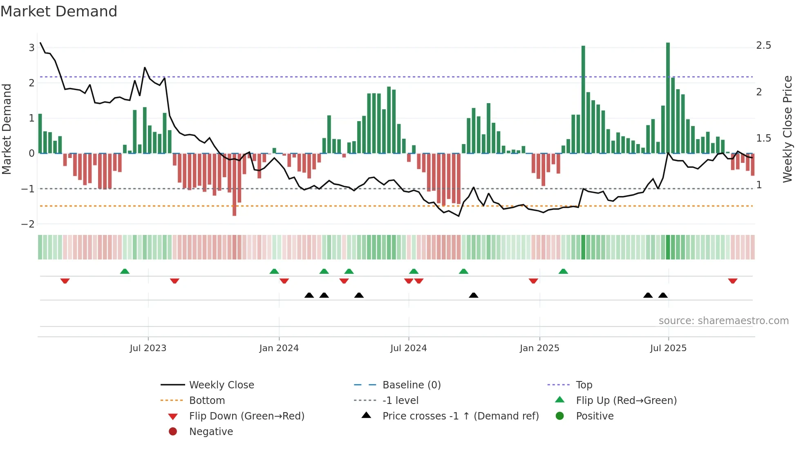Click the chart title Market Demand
click(x=59, y=11)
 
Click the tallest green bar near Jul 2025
click(x=668, y=98)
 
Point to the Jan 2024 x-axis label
click(x=279, y=348)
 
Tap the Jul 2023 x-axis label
click(x=148, y=348)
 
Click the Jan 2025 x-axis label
click(x=539, y=348)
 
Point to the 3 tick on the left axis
click(x=31, y=48)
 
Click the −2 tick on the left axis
click(x=28, y=224)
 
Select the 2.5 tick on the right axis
click(x=763, y=45)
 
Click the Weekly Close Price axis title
click(x=787, y=129)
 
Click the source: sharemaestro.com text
click(x=723, y=321)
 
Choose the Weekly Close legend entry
click(x=222, y=385)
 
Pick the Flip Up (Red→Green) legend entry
click(x=626, y=401)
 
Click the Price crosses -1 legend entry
click(x=460, y=416)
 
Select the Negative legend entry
click(x=211, y=432)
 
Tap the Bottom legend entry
click(x=207, y=401)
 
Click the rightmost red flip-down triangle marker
click(x=732, y=281)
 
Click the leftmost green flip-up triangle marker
click(x=125, y=271)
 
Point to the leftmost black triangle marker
click(x=309, y=295)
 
